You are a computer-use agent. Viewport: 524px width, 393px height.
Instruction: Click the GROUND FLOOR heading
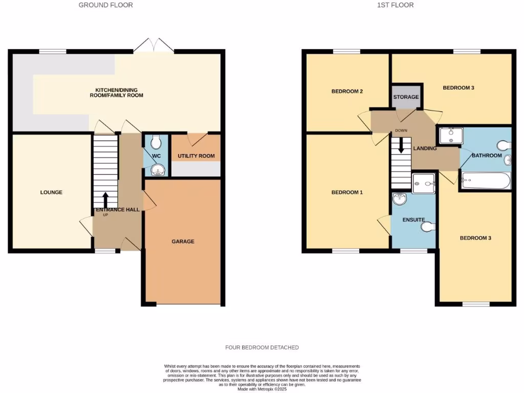pyautogui.click(x=105, y=5)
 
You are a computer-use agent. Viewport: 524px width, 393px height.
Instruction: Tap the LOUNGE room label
pyautogui.click(x=51, y=192)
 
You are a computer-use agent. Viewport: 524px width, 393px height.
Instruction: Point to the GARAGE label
pyautogui.click(x=183, y=242)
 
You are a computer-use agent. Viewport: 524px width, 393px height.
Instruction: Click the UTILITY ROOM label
pyautogui.click(x=196, y=156)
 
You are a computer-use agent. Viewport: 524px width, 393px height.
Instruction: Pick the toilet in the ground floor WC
pyautogui.click(x=157, y=141)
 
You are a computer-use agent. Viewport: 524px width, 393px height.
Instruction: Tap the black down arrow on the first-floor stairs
pyautogui.click(x=401, y=145)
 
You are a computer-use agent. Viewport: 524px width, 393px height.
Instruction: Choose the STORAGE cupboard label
pyautogui.click(x=406, y=97)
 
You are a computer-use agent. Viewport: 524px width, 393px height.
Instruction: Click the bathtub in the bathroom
pyautogui.click(x=486, y=181)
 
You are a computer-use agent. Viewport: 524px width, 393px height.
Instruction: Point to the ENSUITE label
pyautogui.click(x=413, y=220)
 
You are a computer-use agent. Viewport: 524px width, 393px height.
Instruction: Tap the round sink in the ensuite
pyautogui.click(x=399, y=198)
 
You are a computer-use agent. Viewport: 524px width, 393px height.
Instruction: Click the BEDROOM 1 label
pyautogui.click(x=347, y=192)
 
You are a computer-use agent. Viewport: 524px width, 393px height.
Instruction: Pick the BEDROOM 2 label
pyautogui.click(x=347, y=92)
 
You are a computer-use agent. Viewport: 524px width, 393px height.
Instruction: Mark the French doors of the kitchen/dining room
pyautogui.click(x=154, y=46)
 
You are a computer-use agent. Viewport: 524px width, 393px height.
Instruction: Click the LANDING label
pyautogui.click(x=425, y=148)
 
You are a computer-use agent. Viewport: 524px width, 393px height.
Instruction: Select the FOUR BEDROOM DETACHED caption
pyautogui.click(x=262, y=347)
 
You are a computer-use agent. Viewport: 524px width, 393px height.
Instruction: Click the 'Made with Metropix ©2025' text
pyautogui.click(x=262, y=389)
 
